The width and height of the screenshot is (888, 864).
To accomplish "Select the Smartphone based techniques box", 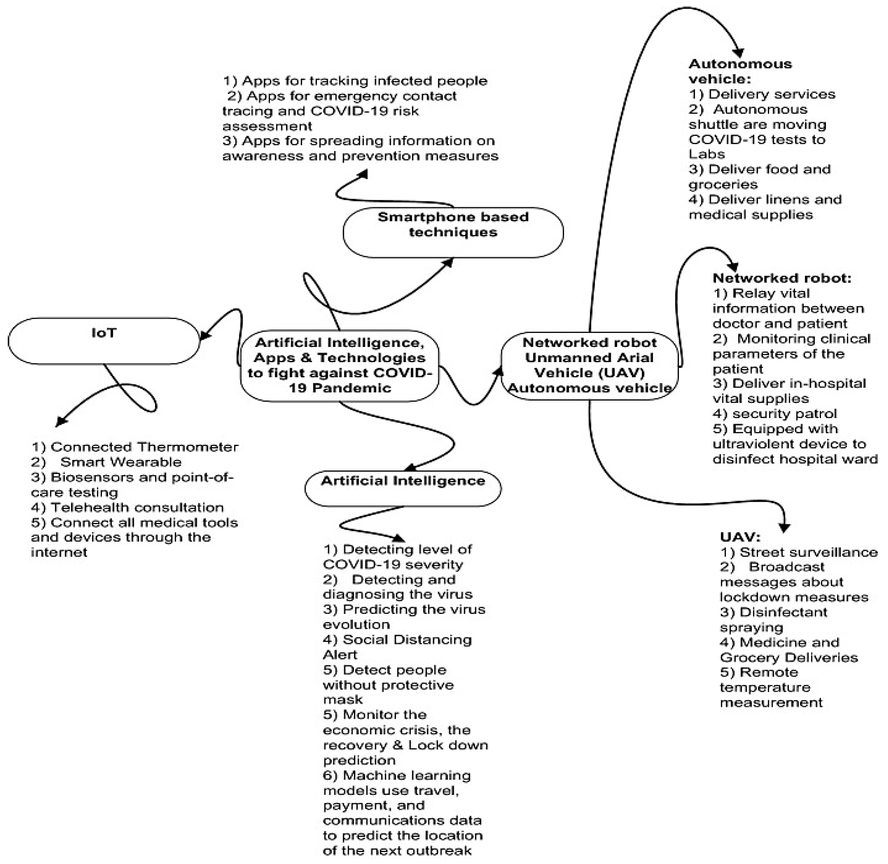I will (x=453, y=233).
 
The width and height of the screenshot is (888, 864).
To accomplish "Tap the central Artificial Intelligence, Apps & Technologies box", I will (x=339, y=365).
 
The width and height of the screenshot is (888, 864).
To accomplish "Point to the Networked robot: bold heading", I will (x=781, y=278).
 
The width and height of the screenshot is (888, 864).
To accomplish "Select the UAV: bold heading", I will (x=740, y=537).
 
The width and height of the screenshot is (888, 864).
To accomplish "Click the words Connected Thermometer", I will (x=144, y=447).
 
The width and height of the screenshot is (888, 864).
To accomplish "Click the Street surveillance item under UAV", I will (x=808, y=552).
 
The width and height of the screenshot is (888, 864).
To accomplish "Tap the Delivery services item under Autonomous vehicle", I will (x=771, y=94).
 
